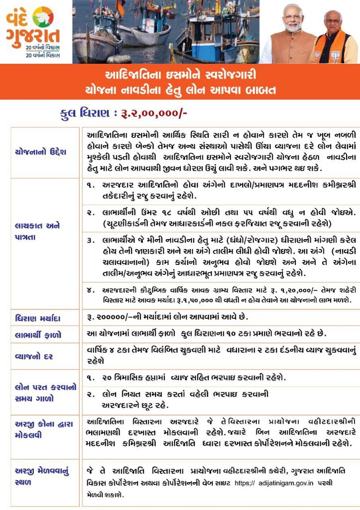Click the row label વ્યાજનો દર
(34, 357)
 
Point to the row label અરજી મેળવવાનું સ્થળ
(40, 477)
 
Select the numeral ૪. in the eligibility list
(91, 289)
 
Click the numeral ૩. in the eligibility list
(91, 240)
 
